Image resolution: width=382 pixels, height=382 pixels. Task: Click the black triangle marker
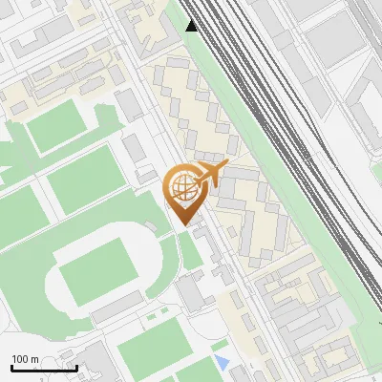pos(193,26)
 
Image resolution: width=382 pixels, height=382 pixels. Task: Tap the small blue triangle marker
pos(223,362)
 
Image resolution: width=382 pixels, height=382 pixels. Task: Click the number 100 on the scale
pos(21,359)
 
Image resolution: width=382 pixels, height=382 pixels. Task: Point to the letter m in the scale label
pos(35,359)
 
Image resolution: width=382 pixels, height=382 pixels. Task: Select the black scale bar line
pos(44,369)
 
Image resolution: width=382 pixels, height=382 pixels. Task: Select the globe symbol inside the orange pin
pos(182,188)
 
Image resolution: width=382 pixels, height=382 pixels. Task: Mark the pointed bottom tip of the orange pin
pos(184,224)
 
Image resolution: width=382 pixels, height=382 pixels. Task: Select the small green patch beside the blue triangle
pos(220,345)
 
